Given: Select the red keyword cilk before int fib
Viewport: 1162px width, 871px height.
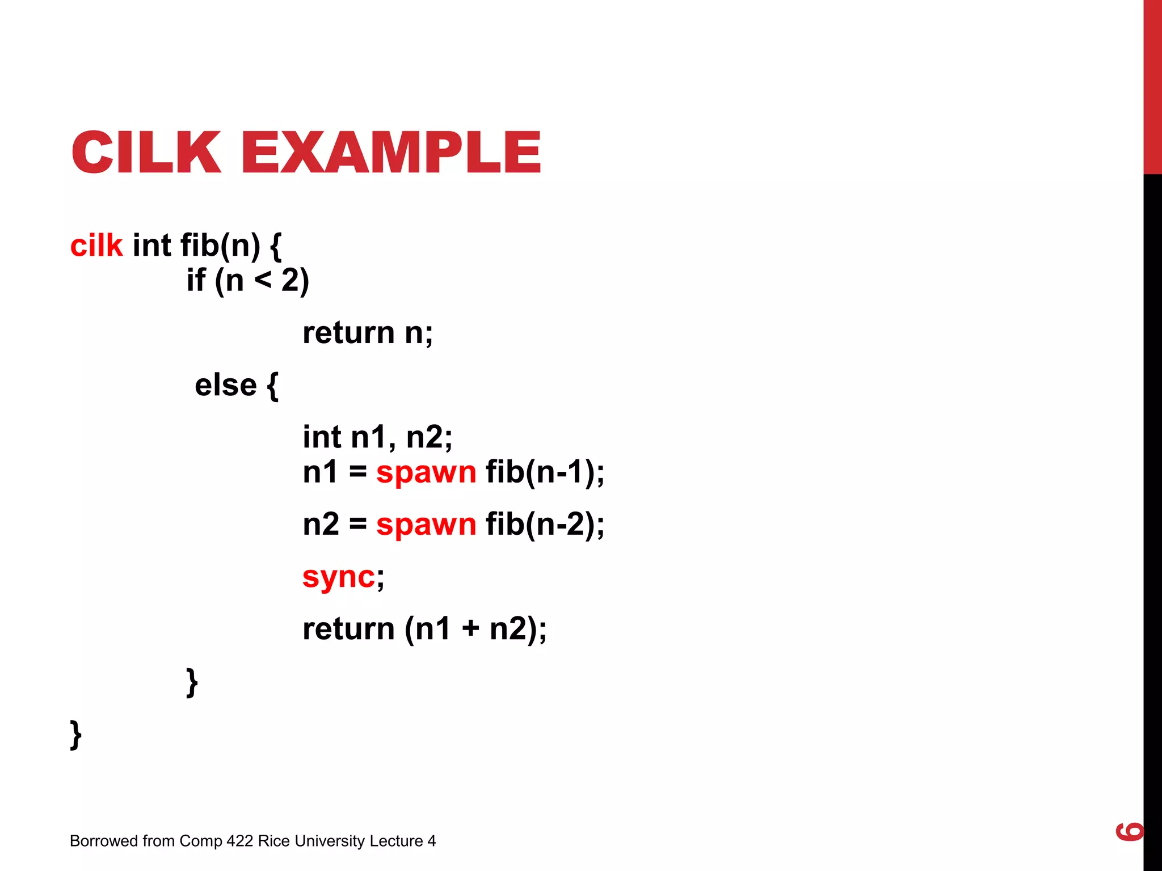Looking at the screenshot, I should pos(96,246).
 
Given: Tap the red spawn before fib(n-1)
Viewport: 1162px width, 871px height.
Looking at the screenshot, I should pos(426,472).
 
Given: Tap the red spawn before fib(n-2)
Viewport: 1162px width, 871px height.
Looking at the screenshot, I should pos(426,525).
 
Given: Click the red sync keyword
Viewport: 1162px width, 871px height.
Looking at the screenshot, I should pos(338,578).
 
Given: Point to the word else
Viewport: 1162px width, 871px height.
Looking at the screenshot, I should pos(226,386).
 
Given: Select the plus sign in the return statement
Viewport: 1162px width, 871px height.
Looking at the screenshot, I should pos(470,629).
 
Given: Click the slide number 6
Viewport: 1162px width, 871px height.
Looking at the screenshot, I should pos(1129,831).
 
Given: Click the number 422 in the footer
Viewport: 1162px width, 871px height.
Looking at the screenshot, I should pos(239,841).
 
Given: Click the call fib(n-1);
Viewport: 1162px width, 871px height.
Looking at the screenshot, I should pos(545,472).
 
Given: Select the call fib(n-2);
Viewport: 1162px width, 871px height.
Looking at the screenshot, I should pos(545,525).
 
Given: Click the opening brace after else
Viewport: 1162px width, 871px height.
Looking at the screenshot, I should pos(272,386).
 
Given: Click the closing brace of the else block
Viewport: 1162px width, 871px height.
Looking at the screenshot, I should pos(192,682).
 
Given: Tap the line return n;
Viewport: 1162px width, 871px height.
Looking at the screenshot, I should pos(368,333).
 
